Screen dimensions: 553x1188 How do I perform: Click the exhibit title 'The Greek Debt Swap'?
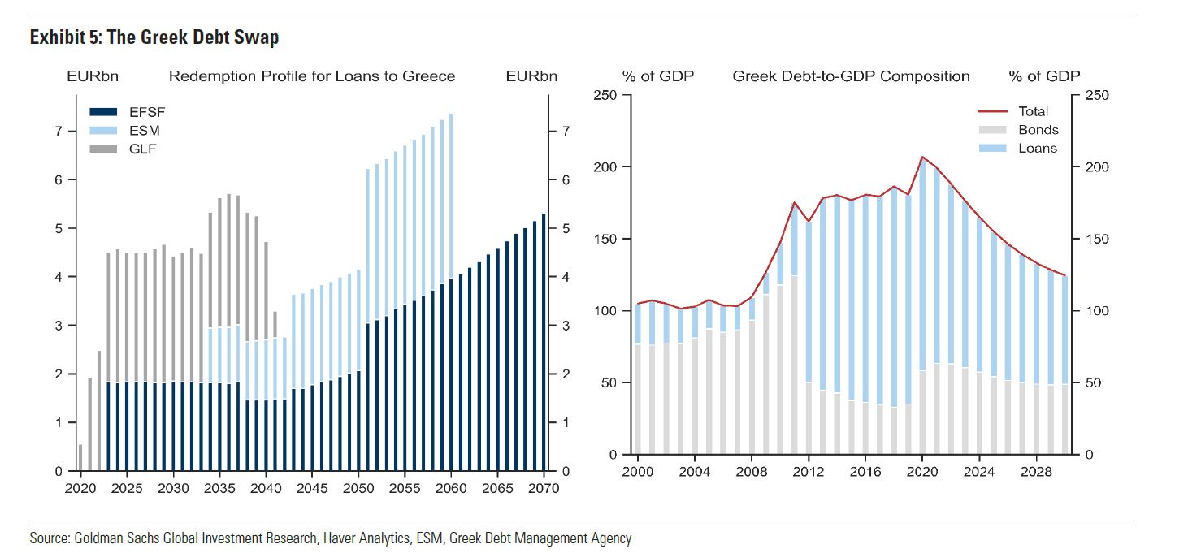pos(154,38)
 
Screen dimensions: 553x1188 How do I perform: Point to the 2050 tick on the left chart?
pos(358,488)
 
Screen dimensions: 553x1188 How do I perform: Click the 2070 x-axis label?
pos(544,488)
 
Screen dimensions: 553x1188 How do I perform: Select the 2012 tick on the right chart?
pos(809,471)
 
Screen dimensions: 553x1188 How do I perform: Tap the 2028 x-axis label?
pos(1038,471)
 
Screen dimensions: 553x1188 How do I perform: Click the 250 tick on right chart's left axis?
pos(605,96)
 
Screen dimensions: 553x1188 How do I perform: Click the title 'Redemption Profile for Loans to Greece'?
pos(311,76)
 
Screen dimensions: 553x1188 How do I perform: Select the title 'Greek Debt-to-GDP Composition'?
pos(851,76)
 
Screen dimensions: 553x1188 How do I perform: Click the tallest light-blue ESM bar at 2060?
pos(451,195)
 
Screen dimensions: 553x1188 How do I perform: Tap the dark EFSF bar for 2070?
pos(544,341)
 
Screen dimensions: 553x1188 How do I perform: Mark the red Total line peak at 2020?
pos(922,157)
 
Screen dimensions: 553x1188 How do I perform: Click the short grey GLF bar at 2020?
pos(80,457)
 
